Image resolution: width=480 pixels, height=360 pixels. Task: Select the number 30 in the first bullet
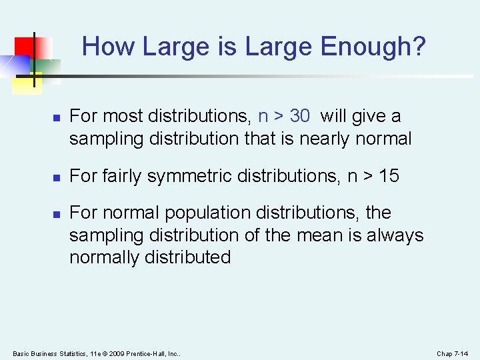pyautogui.click(x=300, y=116)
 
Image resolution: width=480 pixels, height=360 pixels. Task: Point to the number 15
pyautogui.click(x=388, y=176)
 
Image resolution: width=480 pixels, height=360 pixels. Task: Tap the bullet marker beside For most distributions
pyautogui.click(x=57, y=117)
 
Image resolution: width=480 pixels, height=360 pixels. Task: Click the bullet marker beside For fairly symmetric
pyautogui.click(x=57, y=177)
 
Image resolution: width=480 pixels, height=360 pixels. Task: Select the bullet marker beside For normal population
pyautogui.click(x=57, y=214)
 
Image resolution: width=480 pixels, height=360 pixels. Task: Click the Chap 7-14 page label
pyautogui.click(x=453, y=353)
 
